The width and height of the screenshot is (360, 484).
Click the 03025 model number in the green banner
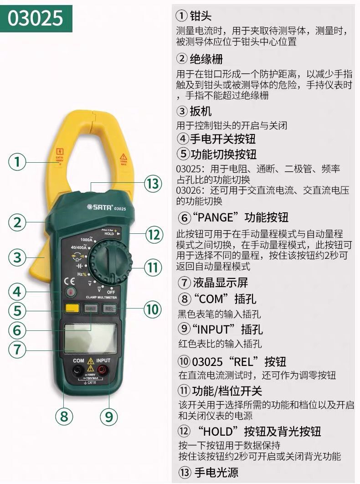point(36,18)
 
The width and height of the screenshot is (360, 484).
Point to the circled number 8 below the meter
point(64,416)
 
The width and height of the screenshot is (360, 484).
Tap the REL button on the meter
point(109,309)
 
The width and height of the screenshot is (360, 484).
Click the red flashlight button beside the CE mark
point(70,293)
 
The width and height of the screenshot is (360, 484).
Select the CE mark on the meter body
point(59,281)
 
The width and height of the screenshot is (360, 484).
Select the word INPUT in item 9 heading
point(214,329)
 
